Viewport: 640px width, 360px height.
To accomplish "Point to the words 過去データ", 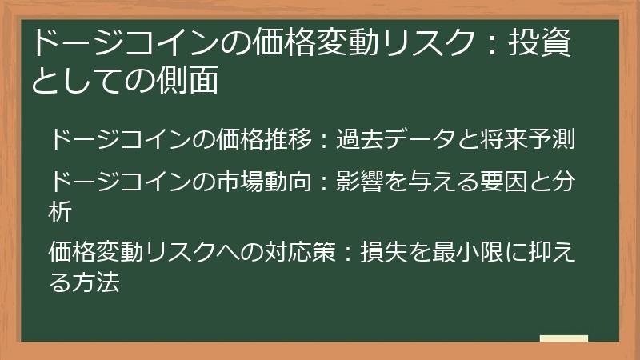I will tap(395, 139).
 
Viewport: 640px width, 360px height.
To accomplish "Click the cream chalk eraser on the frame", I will tap(563, 339).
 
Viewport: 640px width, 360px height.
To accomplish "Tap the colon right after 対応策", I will tap(349, 254).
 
